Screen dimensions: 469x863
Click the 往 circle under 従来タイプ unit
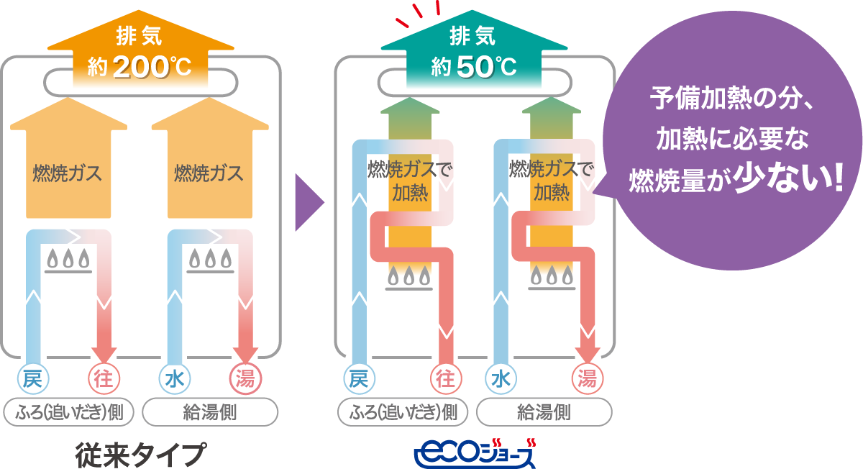pyautogui.click(x=104, y=378)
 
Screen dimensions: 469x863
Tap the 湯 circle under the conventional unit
pyautogui.click(x=245, y=378)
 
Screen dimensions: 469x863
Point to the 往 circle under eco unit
pyautogui.click(x=445, y=378)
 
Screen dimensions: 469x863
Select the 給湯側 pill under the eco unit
pyautogui.click(x=544, y=412)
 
